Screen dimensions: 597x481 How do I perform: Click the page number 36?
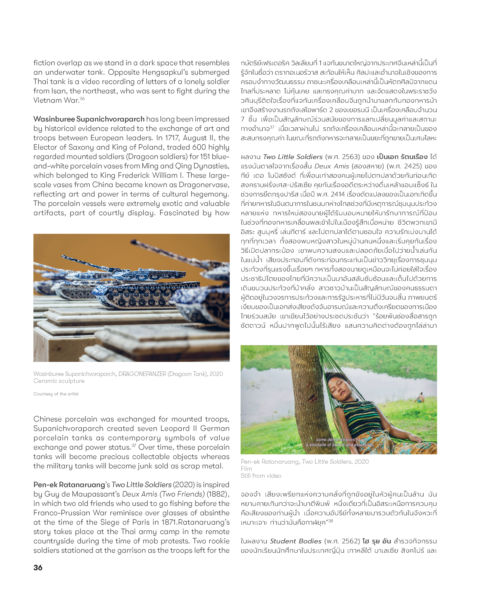38,568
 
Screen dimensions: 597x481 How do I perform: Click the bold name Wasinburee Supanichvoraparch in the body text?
89,119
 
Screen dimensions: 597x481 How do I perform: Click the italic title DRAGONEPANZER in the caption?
142,374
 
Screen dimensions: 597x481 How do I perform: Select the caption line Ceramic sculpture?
59,381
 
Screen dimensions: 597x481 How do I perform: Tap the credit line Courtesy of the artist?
56,394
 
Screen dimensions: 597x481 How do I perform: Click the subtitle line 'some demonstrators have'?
340,439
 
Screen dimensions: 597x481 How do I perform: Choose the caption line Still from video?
261,475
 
